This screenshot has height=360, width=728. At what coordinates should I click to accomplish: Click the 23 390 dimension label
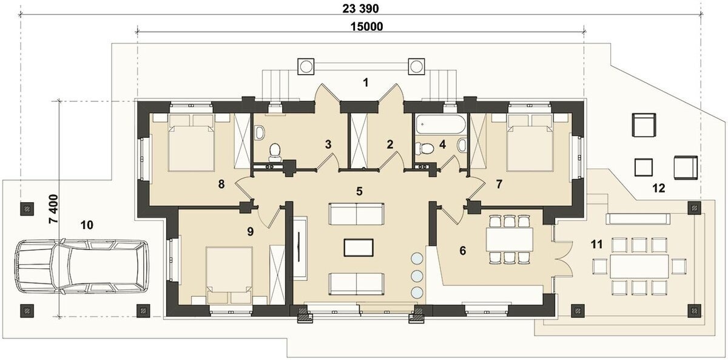(x=360, y=8)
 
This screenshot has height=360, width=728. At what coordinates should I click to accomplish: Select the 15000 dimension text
(x=366, y=26)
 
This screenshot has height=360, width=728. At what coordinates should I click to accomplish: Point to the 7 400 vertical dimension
(x=53, y=209)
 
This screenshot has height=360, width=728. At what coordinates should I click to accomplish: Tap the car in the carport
(x=81, y=266)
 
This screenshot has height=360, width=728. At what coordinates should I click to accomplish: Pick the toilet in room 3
(x=275, y=152)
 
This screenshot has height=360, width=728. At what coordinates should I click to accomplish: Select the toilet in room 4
(x=425, y=149)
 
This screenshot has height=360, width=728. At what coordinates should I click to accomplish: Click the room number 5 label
(x=359, y=191)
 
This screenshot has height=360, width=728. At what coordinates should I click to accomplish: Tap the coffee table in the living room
(x=359, y=248)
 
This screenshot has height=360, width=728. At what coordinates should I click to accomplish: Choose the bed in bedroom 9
(x=229, y=276)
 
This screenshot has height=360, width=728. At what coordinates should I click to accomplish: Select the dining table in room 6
(x=509, y=239)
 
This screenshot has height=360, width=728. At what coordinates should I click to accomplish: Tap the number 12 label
(x=659, y=188)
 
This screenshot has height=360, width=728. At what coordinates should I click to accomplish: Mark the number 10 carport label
(x=87, y=225)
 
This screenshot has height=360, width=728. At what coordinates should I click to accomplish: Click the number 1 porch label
(x=366, y=83)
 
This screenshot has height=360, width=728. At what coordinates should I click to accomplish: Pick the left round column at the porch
(x=306, y=67)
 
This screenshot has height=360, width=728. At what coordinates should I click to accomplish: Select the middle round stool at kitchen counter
(x=417, y=276)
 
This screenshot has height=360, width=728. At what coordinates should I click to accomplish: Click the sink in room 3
(x=260, y=132)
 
